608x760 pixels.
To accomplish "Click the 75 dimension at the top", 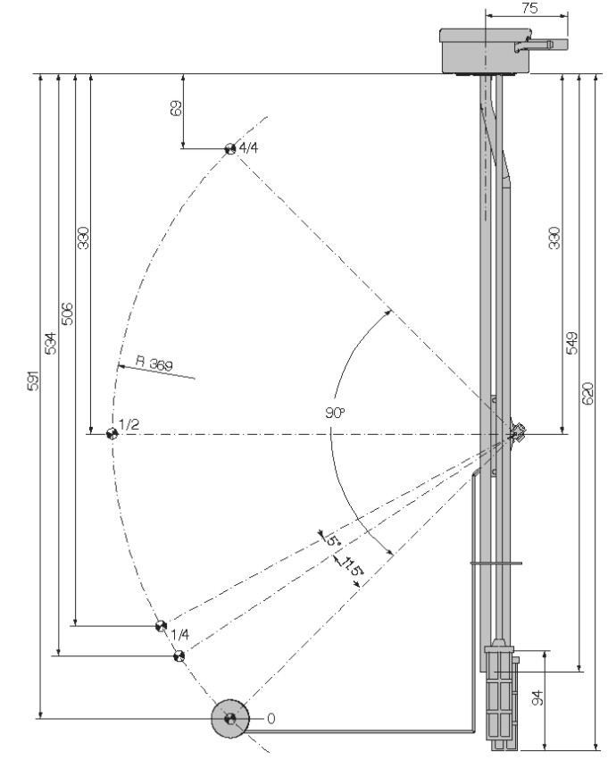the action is (529, 8).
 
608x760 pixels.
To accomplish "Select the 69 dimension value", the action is (177, 108).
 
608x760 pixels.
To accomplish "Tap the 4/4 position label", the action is (249, 147).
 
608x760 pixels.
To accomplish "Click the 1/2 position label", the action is (129, 425).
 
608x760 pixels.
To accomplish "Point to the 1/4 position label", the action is (180, 634).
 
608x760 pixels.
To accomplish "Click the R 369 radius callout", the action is (154, 363).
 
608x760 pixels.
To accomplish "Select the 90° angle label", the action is (335, 413).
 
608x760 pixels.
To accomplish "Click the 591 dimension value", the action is (32, 380).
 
